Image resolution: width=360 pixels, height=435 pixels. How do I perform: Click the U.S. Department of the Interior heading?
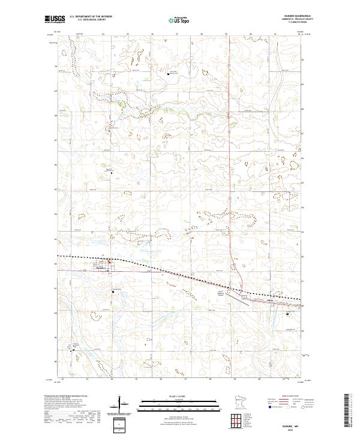click(91, 17)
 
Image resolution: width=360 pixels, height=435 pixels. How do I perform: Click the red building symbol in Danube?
click(109, 262)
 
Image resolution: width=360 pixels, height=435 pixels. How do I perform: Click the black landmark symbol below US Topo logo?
click(168, 74)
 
